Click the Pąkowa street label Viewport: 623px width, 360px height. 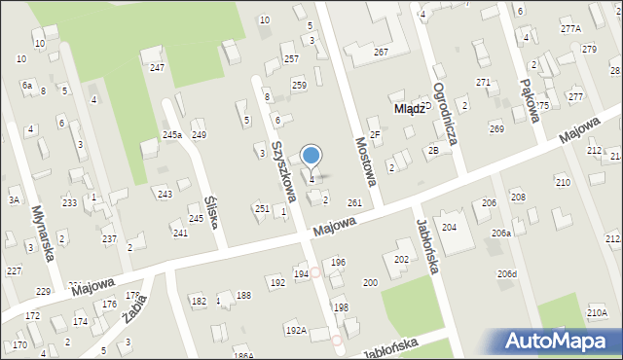tap(530, 88)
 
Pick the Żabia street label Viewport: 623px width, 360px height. tap(135, 306)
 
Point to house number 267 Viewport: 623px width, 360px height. tap(381, 52)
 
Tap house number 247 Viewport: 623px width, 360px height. tap(157, 67)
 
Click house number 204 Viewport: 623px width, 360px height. tap(449, 227)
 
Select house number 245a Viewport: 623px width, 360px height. tap(172, 134)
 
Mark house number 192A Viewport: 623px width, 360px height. tap(296, 331)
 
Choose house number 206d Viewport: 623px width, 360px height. tap(506, 274)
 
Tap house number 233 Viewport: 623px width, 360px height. tap(69, 202)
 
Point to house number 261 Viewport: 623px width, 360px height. tap(354, 202)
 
